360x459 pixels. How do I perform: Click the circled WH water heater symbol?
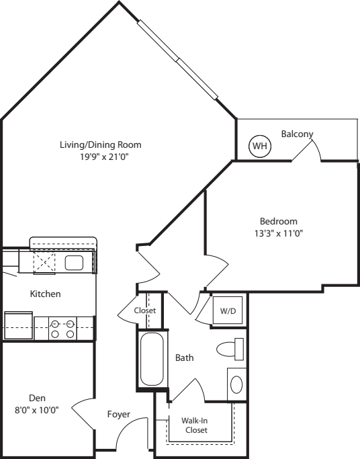pos(260,146)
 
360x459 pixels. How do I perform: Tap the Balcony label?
pos(297,134)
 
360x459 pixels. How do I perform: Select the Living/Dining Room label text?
pos(101,145)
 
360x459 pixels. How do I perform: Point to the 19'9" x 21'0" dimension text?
pos(105,157)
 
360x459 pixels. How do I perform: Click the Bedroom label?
pos(279,221)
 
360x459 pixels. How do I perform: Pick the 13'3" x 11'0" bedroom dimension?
pos(279,233)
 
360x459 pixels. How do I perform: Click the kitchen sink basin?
pos(74,263)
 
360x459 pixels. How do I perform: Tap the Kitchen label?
pos(45,294)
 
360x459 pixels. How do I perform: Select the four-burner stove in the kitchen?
pos(62,329)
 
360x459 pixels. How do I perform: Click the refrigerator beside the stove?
pos(18,325)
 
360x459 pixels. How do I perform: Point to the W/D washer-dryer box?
pos(228,310)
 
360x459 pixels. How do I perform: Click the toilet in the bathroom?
pos(230,349)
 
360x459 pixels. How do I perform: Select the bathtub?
pos(152,359)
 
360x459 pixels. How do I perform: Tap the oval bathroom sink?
pos(236,384)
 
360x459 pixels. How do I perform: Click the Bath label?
pos(184,358)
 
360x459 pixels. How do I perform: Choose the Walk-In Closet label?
pos(195,425)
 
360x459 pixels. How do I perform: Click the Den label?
pos(37,398)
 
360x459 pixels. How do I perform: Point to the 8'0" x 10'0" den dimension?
pos(37,411)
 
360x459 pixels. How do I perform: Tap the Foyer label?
pos(118,415)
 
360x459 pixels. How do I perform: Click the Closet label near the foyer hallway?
pos(145,310)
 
